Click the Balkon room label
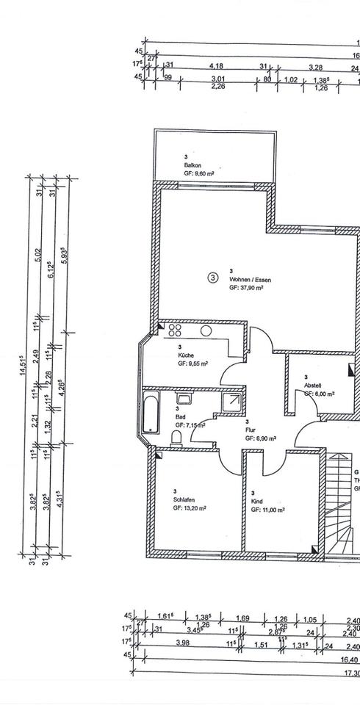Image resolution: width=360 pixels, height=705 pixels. pyautogui.click(x=193, y=165)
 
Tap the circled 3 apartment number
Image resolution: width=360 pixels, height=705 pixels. pyautogui.click(x=213, y=278)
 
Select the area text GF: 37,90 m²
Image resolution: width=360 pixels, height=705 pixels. pyautogui.click(x=246, y=289)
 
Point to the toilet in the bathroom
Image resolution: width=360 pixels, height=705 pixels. pyautogui.click(x=176, y=438)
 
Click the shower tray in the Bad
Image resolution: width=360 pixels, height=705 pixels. pyautogui.click(x=232, y=401)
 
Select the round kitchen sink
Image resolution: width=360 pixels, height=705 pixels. pyautogui.click(x=208, y=330)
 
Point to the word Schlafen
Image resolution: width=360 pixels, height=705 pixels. pyautogui.click(x=184, y=499)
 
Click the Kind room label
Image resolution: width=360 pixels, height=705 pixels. pyautogui.click(x=256, y=502)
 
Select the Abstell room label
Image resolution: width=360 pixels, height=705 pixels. pyautogui.click(x=314, y=386)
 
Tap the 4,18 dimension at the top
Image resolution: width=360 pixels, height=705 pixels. pyautogui.click(x=197, y=65)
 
